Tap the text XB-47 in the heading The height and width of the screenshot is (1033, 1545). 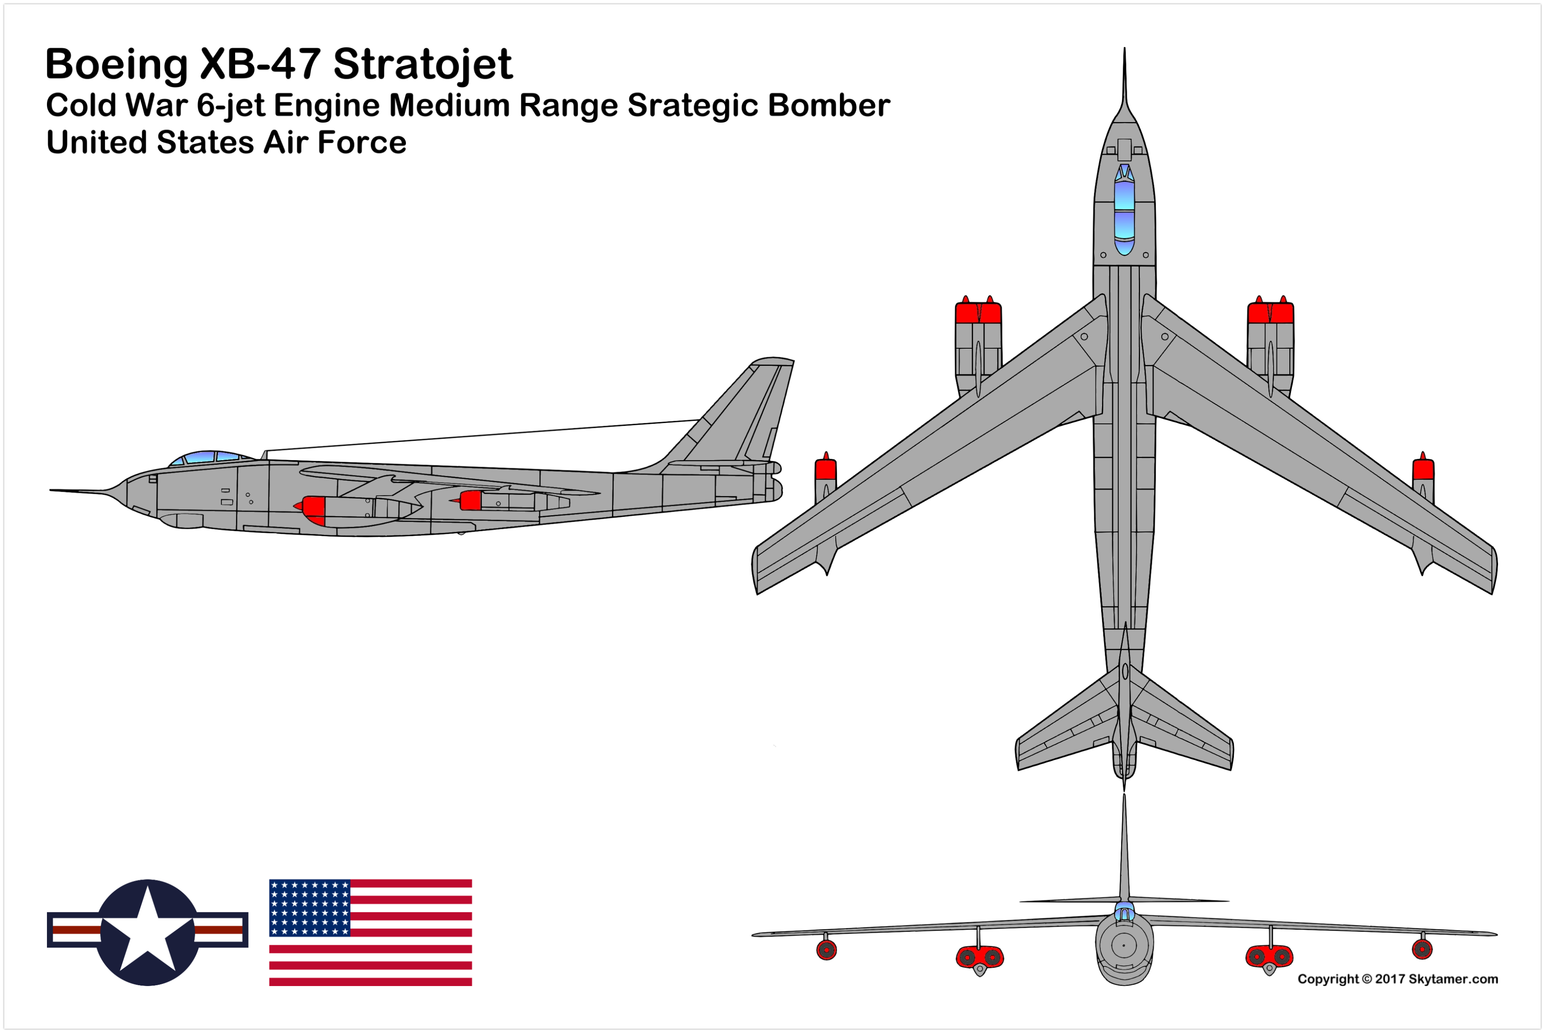tap(260, 64)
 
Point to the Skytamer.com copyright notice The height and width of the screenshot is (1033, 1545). tap(1397, 979)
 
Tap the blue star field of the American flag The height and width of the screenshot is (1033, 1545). tap(309, 908)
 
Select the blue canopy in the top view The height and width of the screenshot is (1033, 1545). tap(1124, 210)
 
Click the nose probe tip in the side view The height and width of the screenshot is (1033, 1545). tap(51, 490)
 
